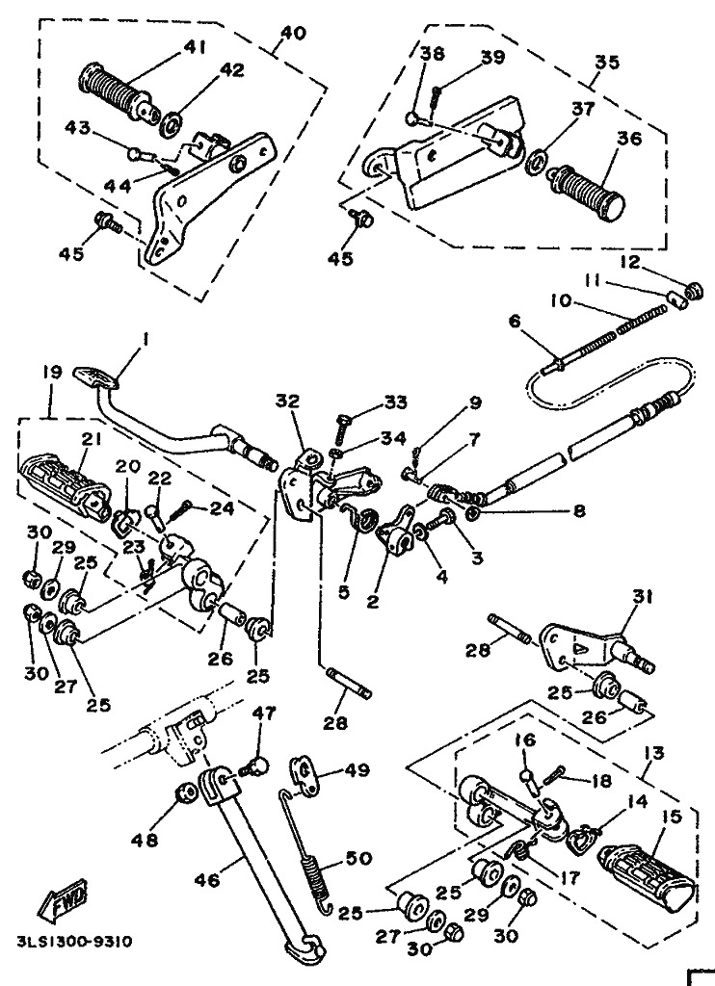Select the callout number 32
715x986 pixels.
[287, 402]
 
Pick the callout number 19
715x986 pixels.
[54, 373]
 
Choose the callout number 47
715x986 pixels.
[265, 714]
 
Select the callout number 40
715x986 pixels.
[293, 33]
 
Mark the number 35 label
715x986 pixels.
[607, 62]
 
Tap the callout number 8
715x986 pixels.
[578, 510]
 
